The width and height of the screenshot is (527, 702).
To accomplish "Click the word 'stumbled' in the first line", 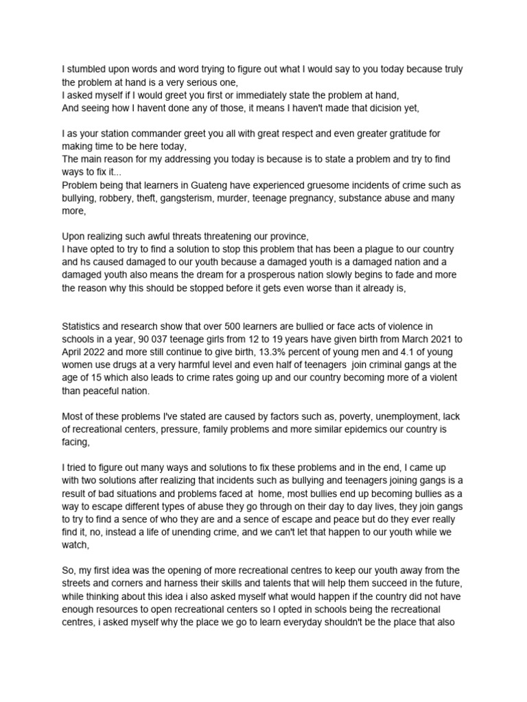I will [86, 69].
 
